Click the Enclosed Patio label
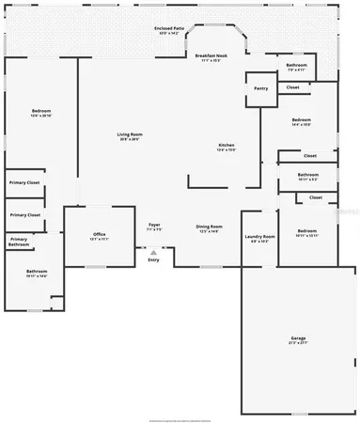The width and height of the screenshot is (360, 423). (169, 28)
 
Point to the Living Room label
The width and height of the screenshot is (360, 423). (129, 135)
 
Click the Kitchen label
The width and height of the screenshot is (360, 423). (227, 145)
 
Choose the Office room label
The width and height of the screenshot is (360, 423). (99, 234)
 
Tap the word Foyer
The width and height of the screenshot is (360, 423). (154, 226)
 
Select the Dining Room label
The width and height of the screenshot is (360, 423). (209, 227)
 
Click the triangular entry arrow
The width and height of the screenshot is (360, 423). (153, 251)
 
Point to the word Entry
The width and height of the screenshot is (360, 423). (153, 259)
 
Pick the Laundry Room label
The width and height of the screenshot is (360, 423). (258, 236)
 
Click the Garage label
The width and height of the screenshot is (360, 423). (298, 337)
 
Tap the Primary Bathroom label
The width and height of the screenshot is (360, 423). (19, 242)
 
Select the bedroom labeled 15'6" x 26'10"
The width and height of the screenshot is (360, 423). (40, 112)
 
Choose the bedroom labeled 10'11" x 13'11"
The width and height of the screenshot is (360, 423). (307, 231)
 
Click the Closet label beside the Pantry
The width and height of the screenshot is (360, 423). (292, 87)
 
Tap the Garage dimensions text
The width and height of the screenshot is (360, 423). (298, 343)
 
